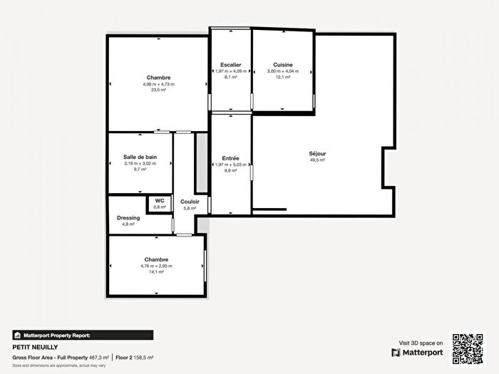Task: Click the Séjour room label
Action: (317, 153)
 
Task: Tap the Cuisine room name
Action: (283, 65)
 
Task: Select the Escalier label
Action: (231, 65)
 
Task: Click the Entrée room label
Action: (230, 158)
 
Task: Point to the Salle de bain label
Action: (140, 157)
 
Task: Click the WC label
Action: (160, 201)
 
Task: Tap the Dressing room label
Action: (128, 218)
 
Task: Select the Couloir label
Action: (190, 202)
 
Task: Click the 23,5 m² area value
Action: (158, 90)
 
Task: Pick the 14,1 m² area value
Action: (156, 272)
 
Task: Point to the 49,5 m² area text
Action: (317, 160)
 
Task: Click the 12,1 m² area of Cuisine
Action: (283, 78)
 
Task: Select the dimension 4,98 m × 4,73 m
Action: (158, 84)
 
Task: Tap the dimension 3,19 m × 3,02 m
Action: (140, 163)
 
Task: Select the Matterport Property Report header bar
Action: (82, 335)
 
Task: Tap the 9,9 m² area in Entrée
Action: (230, 171)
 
